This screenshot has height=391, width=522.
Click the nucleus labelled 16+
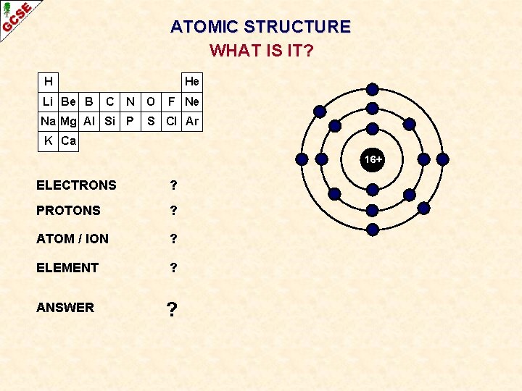tap(373, 159)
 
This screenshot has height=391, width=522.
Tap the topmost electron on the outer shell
tap(372, 89)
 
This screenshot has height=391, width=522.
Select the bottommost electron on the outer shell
tap(372, 230)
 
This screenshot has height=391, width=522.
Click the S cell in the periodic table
tap(151, 121)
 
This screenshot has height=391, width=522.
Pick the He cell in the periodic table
tap(191, 81)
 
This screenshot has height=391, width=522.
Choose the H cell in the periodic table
tap(48, 81)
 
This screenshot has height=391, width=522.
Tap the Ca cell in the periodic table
tap(68, 141)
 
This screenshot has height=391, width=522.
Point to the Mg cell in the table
tap(68, 121)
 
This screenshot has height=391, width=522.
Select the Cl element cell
tap(171, 121)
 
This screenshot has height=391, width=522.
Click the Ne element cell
tap(191, 101)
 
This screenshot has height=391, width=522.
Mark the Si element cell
tap(109, 121)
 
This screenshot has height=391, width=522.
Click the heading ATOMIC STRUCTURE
tap(260, 28)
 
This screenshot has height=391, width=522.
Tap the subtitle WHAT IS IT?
tap(261, 51)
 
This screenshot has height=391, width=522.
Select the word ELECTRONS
tap(76, 185)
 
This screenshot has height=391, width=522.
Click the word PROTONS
tap(68, 211)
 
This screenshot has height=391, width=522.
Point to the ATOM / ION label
tap(72, 238)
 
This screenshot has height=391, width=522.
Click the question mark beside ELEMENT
tap(173, 267)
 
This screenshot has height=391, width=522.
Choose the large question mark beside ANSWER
tap(172, 309)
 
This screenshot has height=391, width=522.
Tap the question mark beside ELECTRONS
tap(173, 185)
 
